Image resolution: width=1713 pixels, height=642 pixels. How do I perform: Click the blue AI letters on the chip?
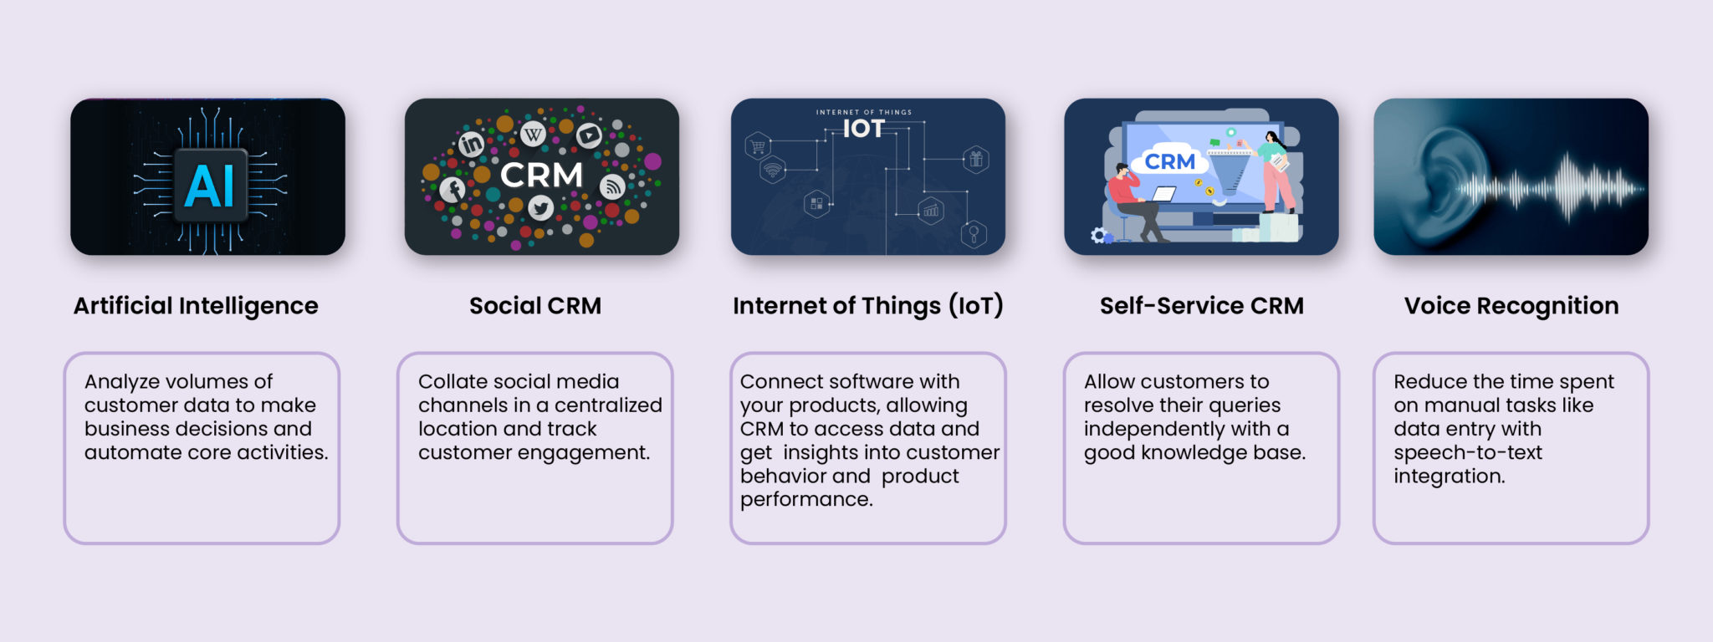pos(209,186)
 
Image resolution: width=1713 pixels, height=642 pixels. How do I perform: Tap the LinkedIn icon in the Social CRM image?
pos(471,145)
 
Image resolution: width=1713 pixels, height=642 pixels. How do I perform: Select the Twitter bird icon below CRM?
pos(540,207)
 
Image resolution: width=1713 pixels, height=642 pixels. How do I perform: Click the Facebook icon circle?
pos(453,190)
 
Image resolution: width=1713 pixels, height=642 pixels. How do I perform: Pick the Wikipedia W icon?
pos(533,134)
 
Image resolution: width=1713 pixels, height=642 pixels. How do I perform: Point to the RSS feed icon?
pos(612,186)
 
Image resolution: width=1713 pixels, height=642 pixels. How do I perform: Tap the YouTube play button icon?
pos(589,135)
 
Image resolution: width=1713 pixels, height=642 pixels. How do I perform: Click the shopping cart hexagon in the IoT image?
pos(758,147)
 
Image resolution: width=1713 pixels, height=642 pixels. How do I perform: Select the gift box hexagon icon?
pos(975,159)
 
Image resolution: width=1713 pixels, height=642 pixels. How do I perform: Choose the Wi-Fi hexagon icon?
pos(772,171)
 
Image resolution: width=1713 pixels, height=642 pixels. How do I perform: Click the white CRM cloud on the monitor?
pos(1169,161)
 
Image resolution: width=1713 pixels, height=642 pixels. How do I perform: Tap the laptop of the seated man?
pos(1163,195)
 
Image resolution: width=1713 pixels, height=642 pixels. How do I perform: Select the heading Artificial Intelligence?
pos(196,306)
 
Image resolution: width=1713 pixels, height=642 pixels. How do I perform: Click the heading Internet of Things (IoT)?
pos(867,306)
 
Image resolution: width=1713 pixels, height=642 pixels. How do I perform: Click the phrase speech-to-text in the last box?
pos(1467,452)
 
